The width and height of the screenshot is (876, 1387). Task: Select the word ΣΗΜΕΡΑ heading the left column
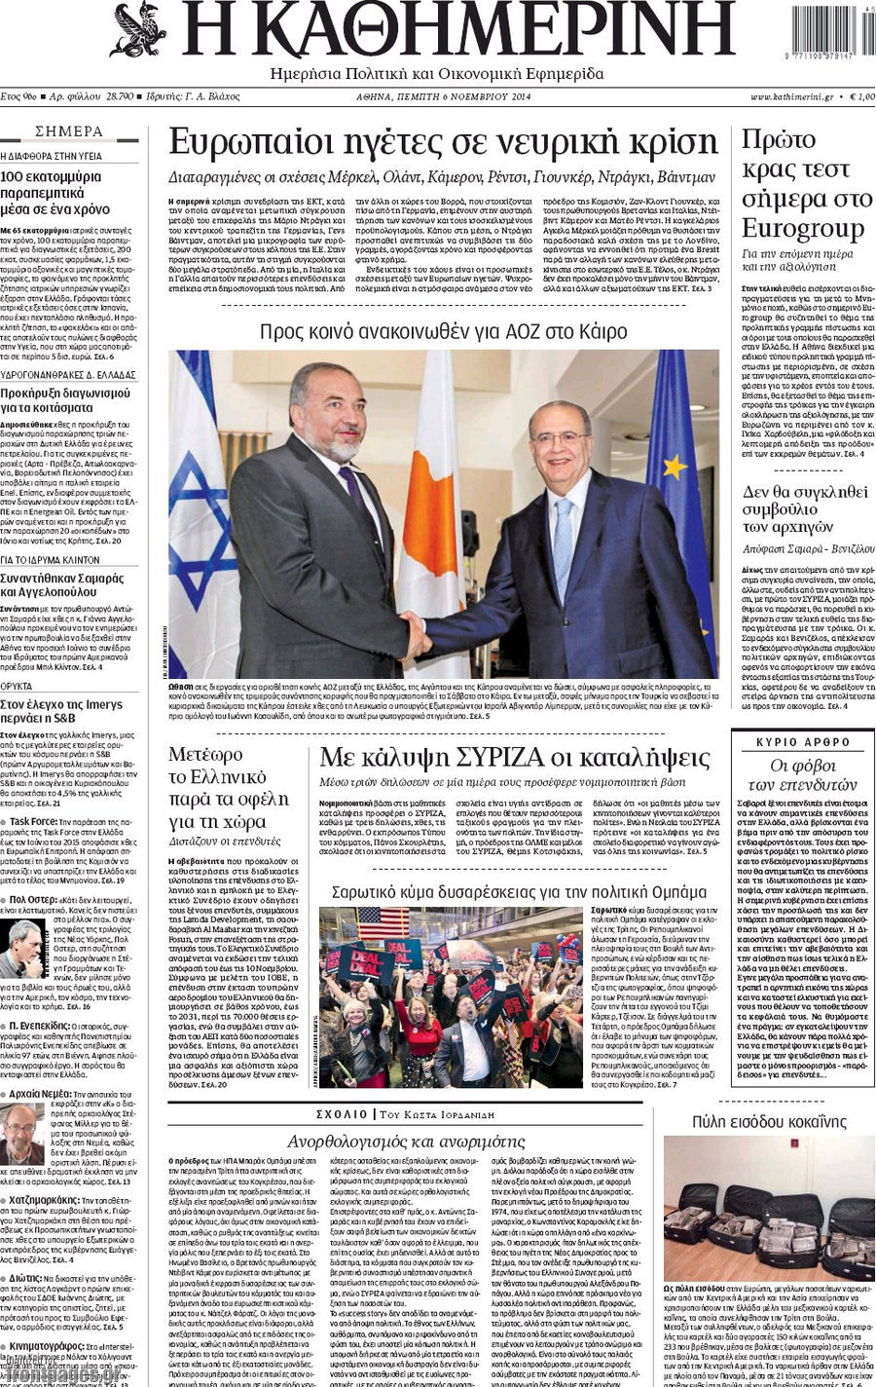68,131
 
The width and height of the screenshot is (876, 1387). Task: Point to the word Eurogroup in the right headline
802,229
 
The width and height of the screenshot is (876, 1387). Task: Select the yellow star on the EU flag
674,468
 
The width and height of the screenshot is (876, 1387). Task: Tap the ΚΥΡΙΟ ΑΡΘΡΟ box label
803,742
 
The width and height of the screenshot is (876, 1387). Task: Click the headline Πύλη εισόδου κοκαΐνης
769,1121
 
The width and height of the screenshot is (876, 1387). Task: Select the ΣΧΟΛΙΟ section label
342,1114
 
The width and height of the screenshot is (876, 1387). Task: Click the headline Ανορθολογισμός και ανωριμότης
406,1141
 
